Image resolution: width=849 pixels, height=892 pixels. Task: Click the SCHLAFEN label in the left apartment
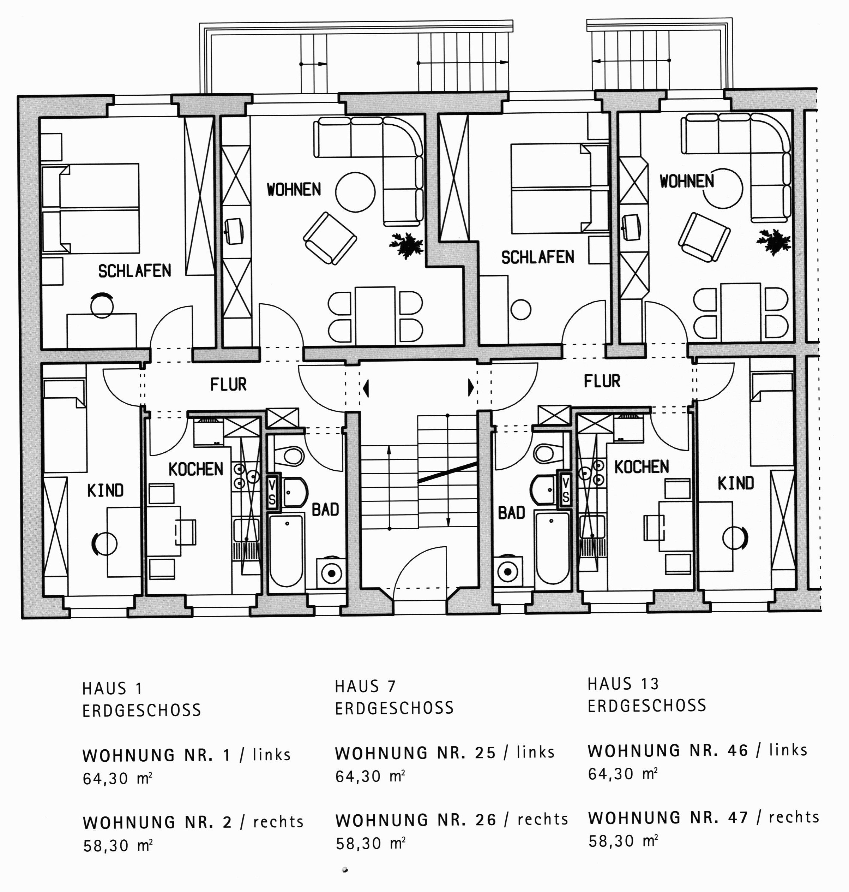(x=134, y=271)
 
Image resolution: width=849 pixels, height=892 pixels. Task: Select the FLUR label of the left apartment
(x=228, y=385)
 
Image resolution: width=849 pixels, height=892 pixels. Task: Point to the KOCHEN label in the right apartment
(x=641, y=467)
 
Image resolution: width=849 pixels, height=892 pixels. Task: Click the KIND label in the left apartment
(x=105, y=490)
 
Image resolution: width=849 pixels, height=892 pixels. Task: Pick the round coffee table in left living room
(x=355, y=192)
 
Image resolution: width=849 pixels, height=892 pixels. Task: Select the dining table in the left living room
(x=375, y=315)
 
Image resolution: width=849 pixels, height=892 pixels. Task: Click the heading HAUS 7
(x=365, y=686)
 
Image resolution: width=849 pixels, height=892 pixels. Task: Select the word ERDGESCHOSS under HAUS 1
(x=141, y=710)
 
